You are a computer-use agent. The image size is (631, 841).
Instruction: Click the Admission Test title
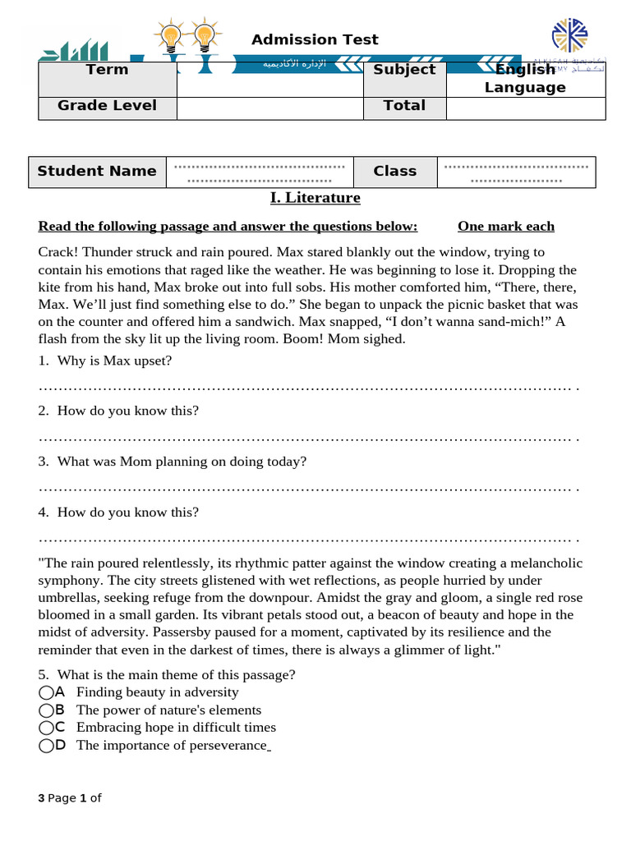pos(315,39)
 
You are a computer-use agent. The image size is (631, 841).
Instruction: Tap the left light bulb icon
pos(171,37)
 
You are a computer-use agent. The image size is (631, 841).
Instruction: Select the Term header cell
pos(107,70)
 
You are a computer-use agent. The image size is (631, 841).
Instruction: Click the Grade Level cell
pos(107,106)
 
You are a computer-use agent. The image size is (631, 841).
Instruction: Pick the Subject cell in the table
pos(404,70)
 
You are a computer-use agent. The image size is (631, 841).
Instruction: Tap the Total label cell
pos(404,106)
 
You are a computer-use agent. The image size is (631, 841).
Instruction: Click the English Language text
pos(525,79)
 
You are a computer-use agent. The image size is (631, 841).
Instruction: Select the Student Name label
pos(97,172)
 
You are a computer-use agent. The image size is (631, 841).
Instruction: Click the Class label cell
pos(394,172)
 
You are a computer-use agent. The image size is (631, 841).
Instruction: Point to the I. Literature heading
pos(315,198)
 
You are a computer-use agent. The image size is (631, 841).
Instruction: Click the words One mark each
pos(506,227)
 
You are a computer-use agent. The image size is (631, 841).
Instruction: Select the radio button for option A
pos(46,692)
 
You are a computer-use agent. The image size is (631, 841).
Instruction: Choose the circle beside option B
pos(46,710)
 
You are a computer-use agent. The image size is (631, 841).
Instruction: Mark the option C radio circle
pos(46,727)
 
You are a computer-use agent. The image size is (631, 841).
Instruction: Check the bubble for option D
pos(46,745)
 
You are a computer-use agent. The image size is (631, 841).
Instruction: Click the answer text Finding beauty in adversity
pos(157,692)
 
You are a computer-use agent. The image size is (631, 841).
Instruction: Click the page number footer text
pos(70,798)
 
